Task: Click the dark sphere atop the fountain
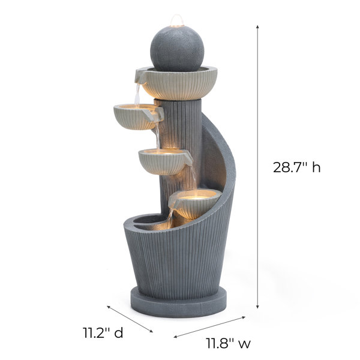(177, 49)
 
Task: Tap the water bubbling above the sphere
(177, 20)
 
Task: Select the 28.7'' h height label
(296, 167)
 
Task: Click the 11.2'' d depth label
(103, 332)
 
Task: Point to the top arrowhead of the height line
(257, 26)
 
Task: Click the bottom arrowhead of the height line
(257, 307)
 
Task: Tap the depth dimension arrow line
(130, 319)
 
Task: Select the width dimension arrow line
(209, 327)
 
